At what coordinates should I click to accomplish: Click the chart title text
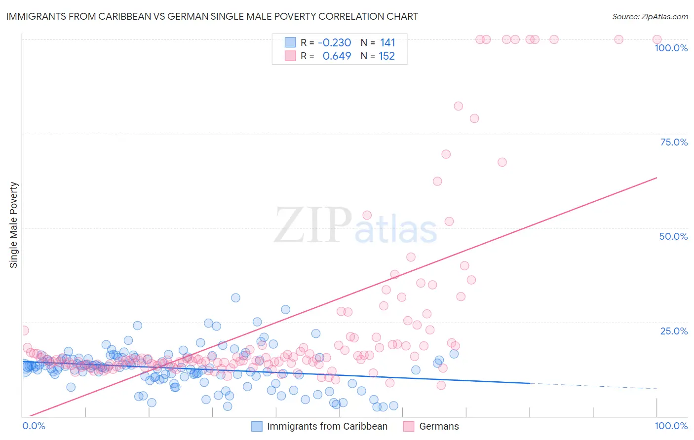pyautogui.click(x=212, y=16)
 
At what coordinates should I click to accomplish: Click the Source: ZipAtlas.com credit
pyautogui.click(x=650, y=16)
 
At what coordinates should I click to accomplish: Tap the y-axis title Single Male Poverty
pyautogui.click(x=14, y=225)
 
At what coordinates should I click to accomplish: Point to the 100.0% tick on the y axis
pyautogui.click(x=671, y=48)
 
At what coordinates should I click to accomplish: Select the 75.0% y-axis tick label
pyautogui.click(x=674, y=142)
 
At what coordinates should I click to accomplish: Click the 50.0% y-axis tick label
pyautogui.click(x=673, y=236)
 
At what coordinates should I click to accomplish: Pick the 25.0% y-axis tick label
pyautogui.click(x=674, y=331)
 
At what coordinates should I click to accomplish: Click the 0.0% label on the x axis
pyautogui.click(x=34, y=426)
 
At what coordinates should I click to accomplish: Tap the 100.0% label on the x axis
pyautogui.click(x=671, y=426)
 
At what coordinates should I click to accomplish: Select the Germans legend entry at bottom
pyautogui.click(x=439, y=426)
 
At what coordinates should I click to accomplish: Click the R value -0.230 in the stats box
pyautogui.click(x=334, y=43)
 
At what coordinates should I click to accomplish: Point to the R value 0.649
pyautogui.click(x=337, y=56)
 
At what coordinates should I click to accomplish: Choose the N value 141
pyautogui.click(x=387, y=43)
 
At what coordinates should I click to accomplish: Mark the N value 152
pyautogui.click(x=387, y=56)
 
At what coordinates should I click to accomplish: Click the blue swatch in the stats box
pyautogui.click(x=290, y=42)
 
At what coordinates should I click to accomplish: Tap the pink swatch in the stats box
pyautogui.click(x=290, y=56)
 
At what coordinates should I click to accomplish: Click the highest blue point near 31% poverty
pyautogui.click(x=235, y=297)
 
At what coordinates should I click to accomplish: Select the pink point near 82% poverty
pyautogui.click(x=458, y=106)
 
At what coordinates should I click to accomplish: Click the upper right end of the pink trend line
pyautogui.click(x=657, y=178)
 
